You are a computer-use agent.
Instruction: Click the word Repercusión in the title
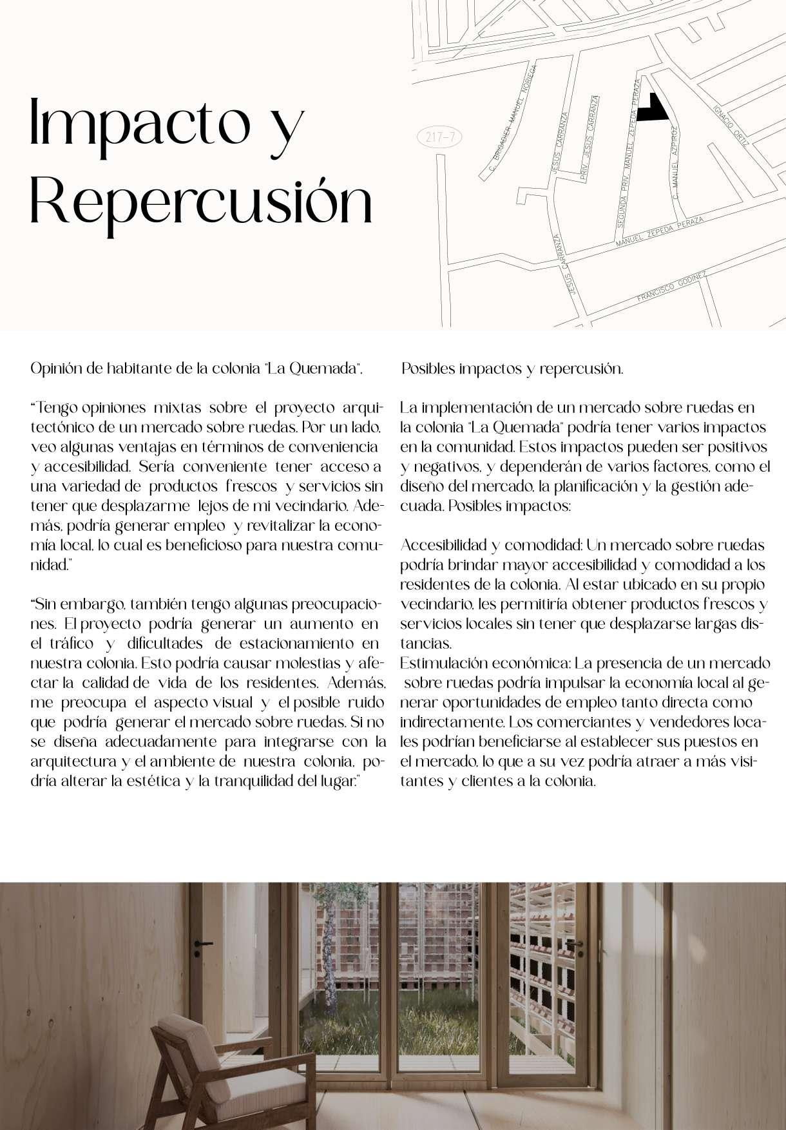click(201, 202)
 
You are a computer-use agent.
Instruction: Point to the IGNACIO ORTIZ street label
click(729, 124)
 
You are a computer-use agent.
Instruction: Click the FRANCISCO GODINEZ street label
click(671, 287)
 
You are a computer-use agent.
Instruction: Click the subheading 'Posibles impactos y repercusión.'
click(512, 369)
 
